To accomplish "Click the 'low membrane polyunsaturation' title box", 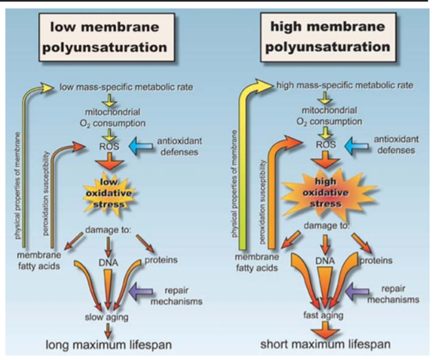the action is point(107,37).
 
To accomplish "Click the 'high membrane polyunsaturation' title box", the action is point(328,37).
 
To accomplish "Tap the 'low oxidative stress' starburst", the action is point(109,193).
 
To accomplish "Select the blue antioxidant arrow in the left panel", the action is point(141,146).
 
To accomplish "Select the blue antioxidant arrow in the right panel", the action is point(356,145).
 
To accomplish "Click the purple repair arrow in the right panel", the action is point(357,291).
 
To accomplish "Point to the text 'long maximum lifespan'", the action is point(109,345).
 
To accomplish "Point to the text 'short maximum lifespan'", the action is point(326,344).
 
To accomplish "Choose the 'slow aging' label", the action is point(107,317).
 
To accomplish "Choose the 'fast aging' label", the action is point(323,315).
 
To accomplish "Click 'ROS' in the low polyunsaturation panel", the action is point(109,146).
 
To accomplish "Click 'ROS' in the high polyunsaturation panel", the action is point(326,144).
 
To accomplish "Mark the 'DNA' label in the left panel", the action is point(109,262).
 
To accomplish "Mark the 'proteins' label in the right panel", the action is point(376,261).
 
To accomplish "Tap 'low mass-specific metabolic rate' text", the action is point(126,87).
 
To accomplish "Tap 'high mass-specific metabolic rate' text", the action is point(345,85).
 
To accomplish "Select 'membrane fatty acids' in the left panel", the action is point(39,261).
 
